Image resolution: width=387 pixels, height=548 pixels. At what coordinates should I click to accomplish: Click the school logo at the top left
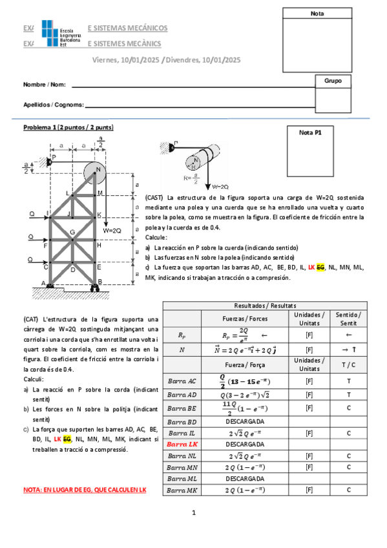click(60, 34)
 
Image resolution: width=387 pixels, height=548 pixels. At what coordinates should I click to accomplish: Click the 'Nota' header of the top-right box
click(317, 14)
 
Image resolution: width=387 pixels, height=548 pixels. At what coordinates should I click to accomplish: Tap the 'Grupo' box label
click(333, 81)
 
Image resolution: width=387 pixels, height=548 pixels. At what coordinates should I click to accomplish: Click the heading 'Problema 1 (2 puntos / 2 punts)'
click(68, 127)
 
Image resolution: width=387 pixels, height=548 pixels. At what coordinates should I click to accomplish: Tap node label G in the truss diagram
click(72, 231)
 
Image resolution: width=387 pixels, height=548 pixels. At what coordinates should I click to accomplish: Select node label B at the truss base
click(100, 281)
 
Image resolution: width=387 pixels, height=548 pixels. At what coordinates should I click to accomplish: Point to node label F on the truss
click(45, 246)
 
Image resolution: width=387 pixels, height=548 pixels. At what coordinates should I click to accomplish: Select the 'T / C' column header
click(349, 365)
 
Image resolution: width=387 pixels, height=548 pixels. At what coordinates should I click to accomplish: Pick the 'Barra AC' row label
click(182, 381)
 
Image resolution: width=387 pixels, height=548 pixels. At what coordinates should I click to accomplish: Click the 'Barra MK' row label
click(182, 490)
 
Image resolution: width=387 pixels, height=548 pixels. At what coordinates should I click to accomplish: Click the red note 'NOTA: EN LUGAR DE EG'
click(85, 490)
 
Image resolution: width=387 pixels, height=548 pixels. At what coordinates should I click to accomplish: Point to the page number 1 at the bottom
click(193, 513)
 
